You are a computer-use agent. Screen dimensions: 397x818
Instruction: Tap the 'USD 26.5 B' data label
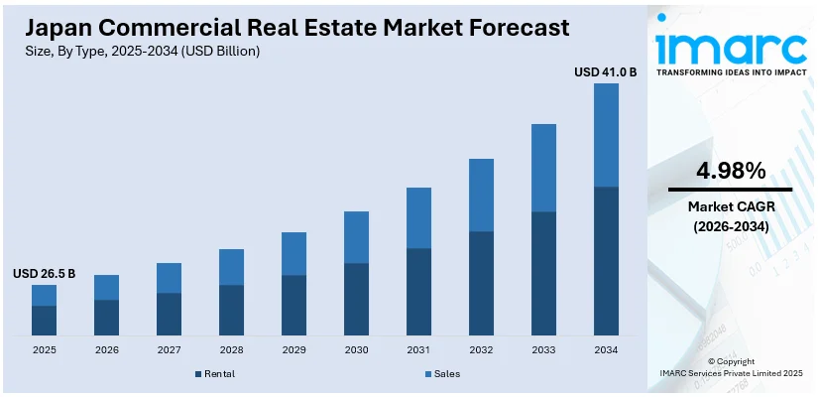pyautogui.click(x=44, y=273)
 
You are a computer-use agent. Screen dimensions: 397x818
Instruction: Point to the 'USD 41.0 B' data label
pyautogui.click(x=606, y=72)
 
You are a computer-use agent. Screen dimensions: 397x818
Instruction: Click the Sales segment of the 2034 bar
pyautogui.click(x=606, y=135)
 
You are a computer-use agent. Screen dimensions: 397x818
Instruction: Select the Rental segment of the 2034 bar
pyautogui.click(x=606, y=260)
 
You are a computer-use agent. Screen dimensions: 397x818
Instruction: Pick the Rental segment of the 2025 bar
pyautogui.click(x=44, y=320)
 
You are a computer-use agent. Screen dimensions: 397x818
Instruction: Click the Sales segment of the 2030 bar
pyautogui.click(x=356, y=237)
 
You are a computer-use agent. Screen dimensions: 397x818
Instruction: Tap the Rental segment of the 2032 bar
pyautogui.click(x=481, y=283)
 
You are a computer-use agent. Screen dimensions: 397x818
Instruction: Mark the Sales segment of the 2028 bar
pyautogui.click(x=231, y=267)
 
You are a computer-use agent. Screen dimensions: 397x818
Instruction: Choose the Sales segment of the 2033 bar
pyautogui.click(x=543, y=168)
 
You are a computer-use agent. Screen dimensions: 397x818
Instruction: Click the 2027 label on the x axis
pyautogui.click(x=169, y=350)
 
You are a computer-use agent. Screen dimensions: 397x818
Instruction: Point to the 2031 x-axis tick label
pyautogui.click(x=418, y=350)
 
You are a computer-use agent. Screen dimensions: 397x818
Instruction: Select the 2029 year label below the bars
pyautogui.click(x=293, y=350)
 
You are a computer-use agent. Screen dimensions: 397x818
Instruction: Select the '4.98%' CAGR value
pyautogui.click(x=731, y=171)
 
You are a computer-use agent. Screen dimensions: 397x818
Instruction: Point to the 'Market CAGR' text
pyautogui.click(x=731, y=205)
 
